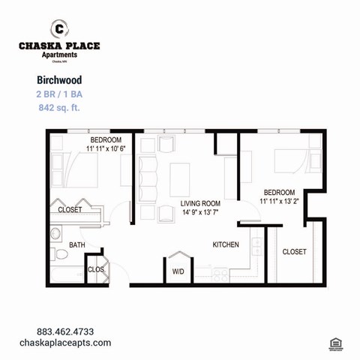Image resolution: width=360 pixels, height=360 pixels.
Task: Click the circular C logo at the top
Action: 59,28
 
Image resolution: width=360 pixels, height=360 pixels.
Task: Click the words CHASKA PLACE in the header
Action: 59,46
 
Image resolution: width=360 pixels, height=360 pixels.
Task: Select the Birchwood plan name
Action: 58,79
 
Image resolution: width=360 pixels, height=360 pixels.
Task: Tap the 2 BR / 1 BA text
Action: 59,94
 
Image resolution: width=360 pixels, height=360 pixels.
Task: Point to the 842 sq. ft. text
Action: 59,108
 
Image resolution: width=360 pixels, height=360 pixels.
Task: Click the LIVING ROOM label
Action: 200,203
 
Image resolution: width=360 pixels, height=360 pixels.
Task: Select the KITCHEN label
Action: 226,244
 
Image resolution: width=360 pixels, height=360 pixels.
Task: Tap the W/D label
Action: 178,271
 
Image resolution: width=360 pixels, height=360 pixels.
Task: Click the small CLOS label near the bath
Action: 96,269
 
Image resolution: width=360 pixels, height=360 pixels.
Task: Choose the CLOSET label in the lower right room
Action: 294,252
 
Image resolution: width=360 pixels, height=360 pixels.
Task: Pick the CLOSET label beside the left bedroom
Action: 70,210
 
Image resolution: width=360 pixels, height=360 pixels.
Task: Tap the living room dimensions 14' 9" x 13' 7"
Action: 200,212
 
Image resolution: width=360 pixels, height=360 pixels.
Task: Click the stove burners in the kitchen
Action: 219,275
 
